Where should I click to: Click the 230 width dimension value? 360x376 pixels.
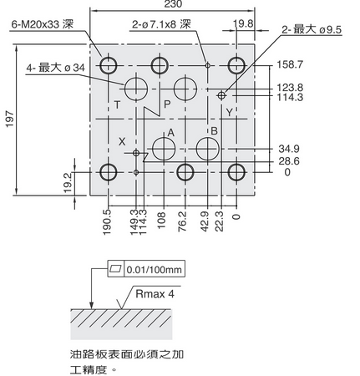pos(173,4)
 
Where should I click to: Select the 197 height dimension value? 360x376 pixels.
pos(10,119)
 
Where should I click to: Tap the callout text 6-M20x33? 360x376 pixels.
pos(35,24)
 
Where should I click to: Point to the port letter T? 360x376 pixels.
pos(118,105)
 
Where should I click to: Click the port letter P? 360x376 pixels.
pos(167,104)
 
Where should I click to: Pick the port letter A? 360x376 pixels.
pos(171,133)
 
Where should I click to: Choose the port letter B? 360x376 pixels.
pos(214,131)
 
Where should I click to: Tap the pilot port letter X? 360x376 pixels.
pos(122,142)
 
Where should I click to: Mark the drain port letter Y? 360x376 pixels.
pos(229,113)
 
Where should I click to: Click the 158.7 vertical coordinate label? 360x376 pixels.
pos(290,64)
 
